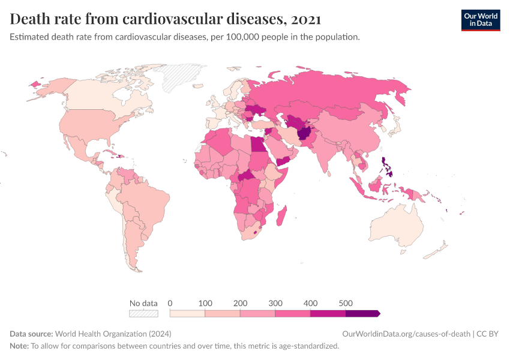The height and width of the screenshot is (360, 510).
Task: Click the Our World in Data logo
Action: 481,19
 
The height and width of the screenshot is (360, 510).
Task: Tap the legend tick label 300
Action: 275,303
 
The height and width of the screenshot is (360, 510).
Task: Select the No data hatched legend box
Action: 143,313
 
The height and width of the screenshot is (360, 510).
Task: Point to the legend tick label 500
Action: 346,303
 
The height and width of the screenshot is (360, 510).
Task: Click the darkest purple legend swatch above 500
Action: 362,313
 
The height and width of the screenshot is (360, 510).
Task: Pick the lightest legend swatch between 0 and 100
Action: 187,313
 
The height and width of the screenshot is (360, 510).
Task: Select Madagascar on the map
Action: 285,215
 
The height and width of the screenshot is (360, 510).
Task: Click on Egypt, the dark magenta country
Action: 257,145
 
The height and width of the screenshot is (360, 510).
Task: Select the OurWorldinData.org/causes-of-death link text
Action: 406,334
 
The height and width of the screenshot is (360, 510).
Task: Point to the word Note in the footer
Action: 19,346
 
